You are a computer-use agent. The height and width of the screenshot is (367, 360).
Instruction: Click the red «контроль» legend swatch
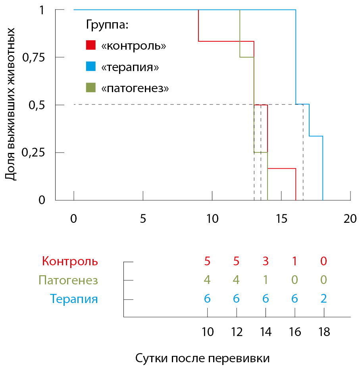(x=91, y=45)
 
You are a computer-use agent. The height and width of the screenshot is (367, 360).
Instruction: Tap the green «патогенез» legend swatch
(x=91, y=88)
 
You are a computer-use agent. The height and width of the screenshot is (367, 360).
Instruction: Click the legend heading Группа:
(x=107, y=25)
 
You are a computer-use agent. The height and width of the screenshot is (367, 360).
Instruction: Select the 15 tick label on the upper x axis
(x=281, y=218)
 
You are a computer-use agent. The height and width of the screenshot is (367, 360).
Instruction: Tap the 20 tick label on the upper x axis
(x=350, y=218)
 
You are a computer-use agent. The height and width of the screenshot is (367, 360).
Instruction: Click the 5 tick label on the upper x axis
(x=143, y=218)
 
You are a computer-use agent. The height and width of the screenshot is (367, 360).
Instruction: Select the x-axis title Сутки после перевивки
(x=202, y=358)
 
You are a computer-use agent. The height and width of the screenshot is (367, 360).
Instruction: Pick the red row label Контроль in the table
(x=69, y=261)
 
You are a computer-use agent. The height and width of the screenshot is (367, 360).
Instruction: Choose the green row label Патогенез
(x=68, y=280)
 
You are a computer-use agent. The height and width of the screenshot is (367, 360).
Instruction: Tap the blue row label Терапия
(x=74, y=299)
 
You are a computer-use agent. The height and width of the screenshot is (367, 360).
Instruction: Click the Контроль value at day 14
(x=266, y=261)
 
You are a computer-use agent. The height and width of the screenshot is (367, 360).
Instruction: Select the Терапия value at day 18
(x=324, y=299)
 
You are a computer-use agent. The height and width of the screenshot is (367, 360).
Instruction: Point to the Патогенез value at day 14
(x=266, y=280)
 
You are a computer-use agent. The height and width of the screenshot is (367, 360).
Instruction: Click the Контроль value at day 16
(x=295, y=261)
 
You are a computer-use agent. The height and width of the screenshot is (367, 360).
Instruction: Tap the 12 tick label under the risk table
(x=237, y=332)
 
